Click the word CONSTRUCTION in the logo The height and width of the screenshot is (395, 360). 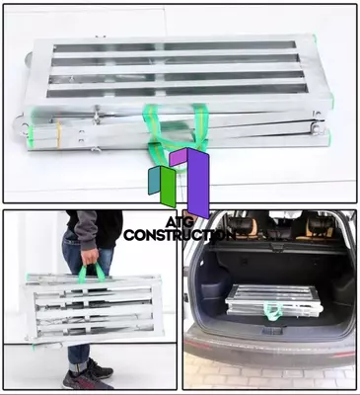click(180, 234)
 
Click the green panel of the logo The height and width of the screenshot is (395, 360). click(168, 187)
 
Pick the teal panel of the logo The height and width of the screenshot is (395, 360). click(154, 181)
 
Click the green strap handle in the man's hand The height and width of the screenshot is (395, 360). click(91, 274)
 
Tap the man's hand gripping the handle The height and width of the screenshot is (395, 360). click(90, 257)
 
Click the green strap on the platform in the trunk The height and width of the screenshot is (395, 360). click(273, 311)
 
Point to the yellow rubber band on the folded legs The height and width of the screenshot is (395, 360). click(58, 133)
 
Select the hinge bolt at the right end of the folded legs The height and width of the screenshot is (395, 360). click(316, 127)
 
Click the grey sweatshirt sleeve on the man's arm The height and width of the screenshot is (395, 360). click(86, 229)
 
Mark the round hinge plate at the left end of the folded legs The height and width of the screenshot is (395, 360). click(21, 124)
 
